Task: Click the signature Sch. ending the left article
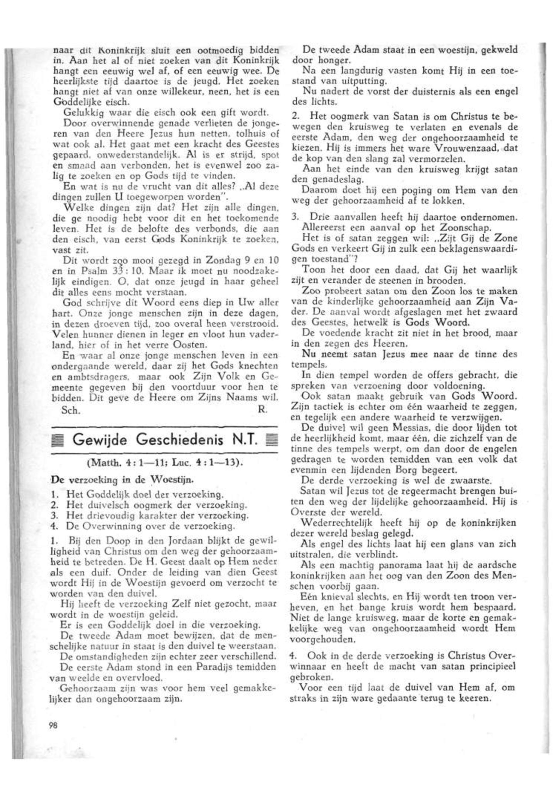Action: pos(71,410)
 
